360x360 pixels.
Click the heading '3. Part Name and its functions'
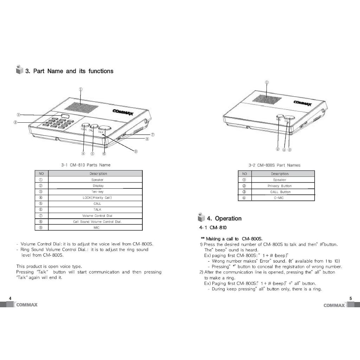69,71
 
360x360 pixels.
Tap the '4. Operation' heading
228,218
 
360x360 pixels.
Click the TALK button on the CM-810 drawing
104,128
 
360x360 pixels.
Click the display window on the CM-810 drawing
65,116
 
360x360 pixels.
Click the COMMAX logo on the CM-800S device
302,103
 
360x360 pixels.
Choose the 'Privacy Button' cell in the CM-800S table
279,186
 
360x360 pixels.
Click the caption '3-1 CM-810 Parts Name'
86,165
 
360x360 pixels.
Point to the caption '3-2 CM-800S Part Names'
274,165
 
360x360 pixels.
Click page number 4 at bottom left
10,298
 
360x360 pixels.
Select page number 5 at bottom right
350,298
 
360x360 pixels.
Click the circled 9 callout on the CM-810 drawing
136,152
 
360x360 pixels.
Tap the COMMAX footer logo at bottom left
26,305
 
